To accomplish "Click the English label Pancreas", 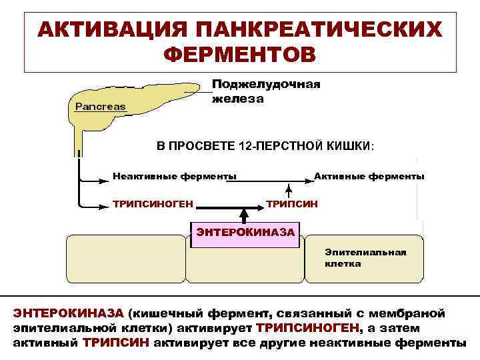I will pos(100,106).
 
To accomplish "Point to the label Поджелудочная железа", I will pos(265,91).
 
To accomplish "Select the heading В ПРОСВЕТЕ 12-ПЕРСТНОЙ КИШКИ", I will pos(265,145).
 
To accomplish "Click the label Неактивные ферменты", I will pos(174,176).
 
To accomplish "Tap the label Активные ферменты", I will pos(369,176).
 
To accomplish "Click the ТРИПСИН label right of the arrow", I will pos(292,202).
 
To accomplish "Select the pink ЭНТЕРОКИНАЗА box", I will pos(244,234).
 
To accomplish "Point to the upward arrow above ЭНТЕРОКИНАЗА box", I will pos(244,215).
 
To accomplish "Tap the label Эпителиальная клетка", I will pos(365,258).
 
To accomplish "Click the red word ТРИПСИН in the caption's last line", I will pos(117,343).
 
